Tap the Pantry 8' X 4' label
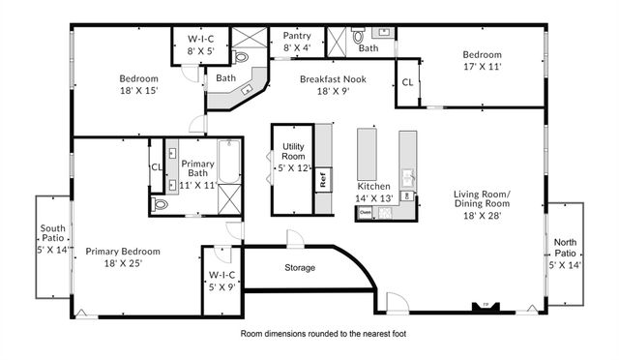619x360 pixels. [297, 41]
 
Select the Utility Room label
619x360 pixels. [293, 157]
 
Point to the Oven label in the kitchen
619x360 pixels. [365, 211]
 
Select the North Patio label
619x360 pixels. [565, 251]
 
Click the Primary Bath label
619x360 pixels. [197, 170]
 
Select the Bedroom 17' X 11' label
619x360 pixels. [482, 61]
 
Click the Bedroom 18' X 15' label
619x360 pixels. [138, 84]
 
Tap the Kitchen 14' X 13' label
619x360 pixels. [374, 192]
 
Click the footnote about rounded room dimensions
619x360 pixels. [323, 333]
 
